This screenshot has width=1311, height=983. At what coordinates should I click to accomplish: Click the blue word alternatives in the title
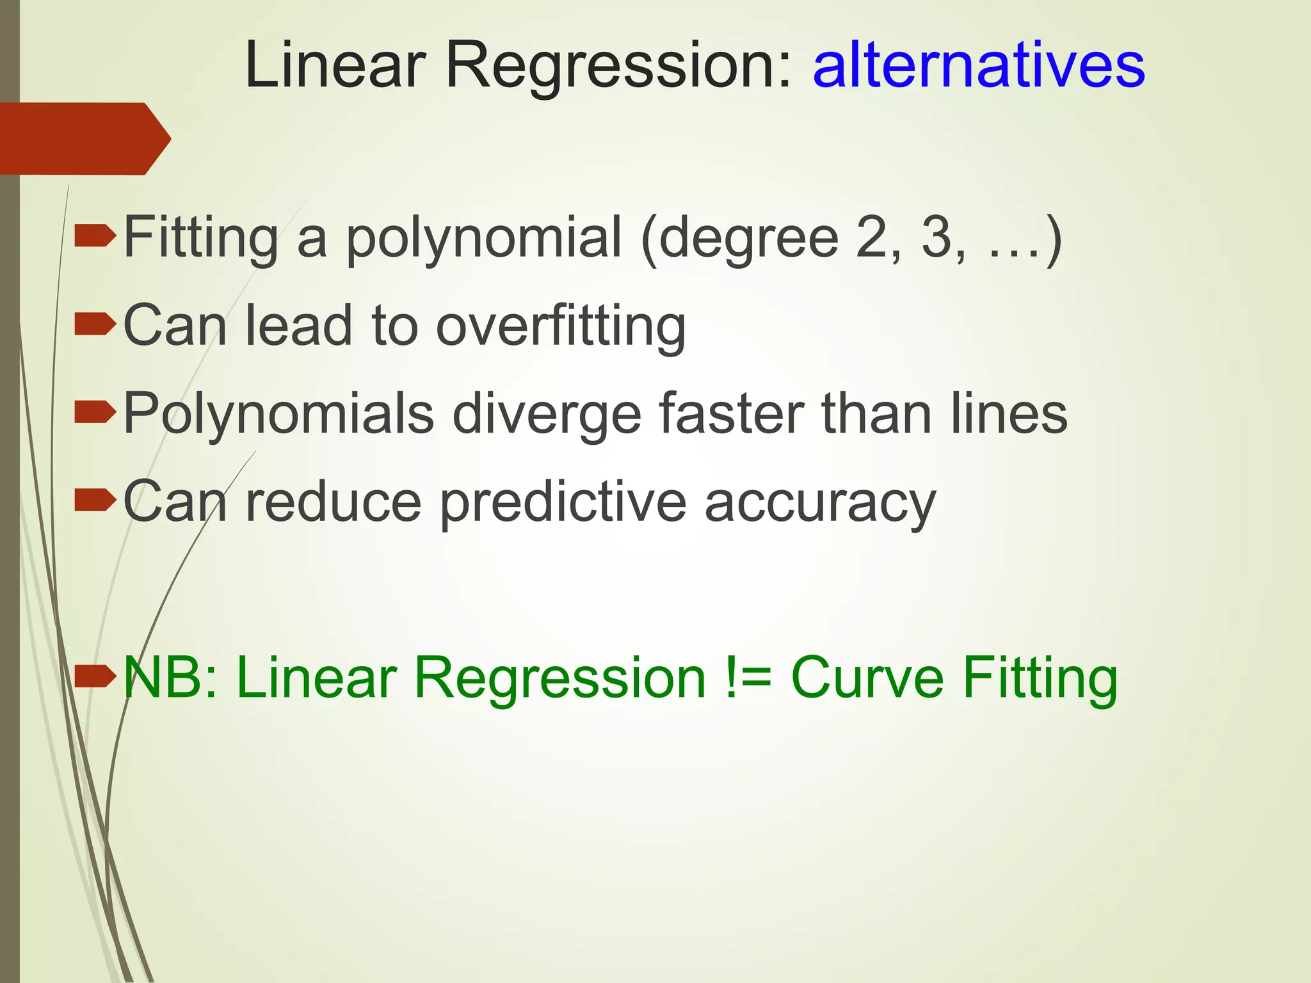978,65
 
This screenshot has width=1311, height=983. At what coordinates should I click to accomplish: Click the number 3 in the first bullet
937,238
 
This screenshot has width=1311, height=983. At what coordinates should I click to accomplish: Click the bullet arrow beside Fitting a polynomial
95,237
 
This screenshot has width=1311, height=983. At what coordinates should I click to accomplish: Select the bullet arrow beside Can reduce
95,500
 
